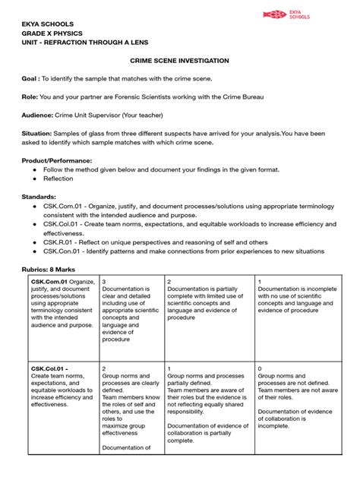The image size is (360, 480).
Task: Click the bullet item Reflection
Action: pos(59,179)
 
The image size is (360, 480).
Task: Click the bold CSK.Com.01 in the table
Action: pos(49,281)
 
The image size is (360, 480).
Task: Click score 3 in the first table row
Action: pos(104,281)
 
